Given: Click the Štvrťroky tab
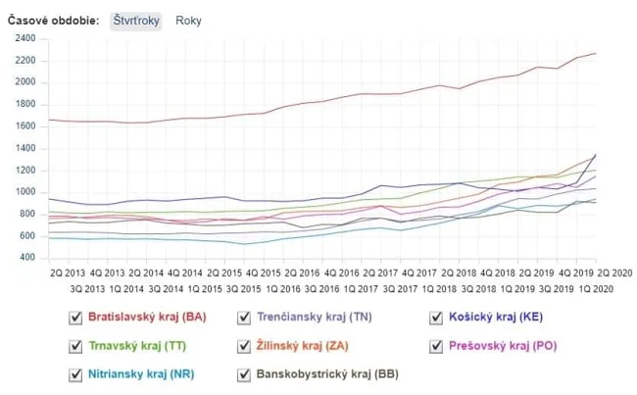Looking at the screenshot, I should tap(135, 20).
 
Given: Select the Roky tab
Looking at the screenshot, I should tap(189, 20).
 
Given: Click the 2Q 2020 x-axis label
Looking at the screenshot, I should tap(615, 273).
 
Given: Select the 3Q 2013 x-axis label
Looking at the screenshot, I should tap(88, 290).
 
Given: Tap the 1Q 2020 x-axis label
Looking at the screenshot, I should tap(596, 290).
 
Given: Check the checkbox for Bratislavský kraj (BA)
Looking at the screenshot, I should tap(74, 318).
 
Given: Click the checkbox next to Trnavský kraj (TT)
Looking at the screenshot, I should tap(74, 346).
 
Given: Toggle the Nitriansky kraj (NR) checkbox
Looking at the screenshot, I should tap(74, 374).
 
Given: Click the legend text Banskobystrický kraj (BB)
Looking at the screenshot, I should tap(326, 374).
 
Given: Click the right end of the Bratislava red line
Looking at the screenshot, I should tap(595, 53).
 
